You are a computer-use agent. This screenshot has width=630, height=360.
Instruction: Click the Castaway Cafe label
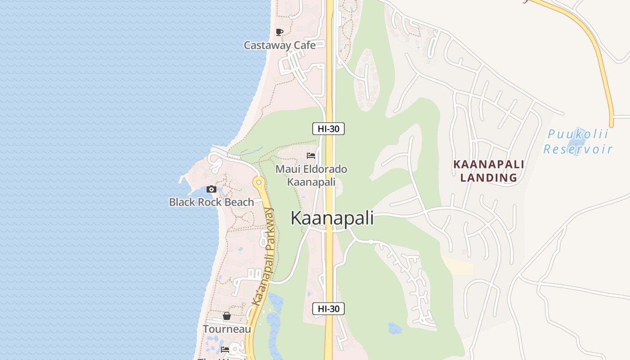[279, 45]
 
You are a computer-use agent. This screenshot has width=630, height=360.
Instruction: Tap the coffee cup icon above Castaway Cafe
[279, 32]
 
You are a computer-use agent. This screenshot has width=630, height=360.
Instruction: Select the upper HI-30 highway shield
[328, 129]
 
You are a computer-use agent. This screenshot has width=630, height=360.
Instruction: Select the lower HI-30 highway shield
[328, 309]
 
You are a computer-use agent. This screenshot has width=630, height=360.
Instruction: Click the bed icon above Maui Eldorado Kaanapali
[311, 156]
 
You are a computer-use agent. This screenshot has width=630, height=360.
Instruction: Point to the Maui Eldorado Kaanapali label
[311, 175]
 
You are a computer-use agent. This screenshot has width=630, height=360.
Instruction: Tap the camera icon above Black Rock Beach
[211, 189]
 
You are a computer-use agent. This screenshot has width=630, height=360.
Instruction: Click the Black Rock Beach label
[211, 202]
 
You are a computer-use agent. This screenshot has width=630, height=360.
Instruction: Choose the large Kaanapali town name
[332, 218]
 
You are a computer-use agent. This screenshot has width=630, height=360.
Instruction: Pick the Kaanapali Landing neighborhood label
[489, 171]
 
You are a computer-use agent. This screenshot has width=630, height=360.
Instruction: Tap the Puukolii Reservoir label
[578, 141]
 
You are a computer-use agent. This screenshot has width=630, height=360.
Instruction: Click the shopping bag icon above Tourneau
[227, 316]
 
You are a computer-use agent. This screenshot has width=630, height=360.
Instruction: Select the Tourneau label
[227, 329]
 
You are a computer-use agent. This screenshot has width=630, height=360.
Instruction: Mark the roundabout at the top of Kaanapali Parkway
[258, 182]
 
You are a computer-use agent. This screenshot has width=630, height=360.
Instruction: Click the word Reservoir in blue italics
[578, 149]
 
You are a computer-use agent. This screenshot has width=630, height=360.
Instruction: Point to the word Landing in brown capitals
[489, 178]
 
